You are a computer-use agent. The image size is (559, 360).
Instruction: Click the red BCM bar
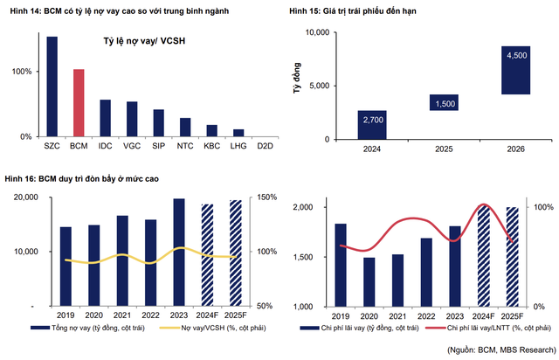[79, 103]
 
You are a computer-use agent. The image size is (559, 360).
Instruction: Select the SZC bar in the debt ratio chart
[52, 87]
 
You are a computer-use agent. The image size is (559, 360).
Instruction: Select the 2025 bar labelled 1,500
[444, 103]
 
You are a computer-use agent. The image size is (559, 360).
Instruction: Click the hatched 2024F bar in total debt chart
[207, 255]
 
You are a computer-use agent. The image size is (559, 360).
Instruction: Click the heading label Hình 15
[306, 11]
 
